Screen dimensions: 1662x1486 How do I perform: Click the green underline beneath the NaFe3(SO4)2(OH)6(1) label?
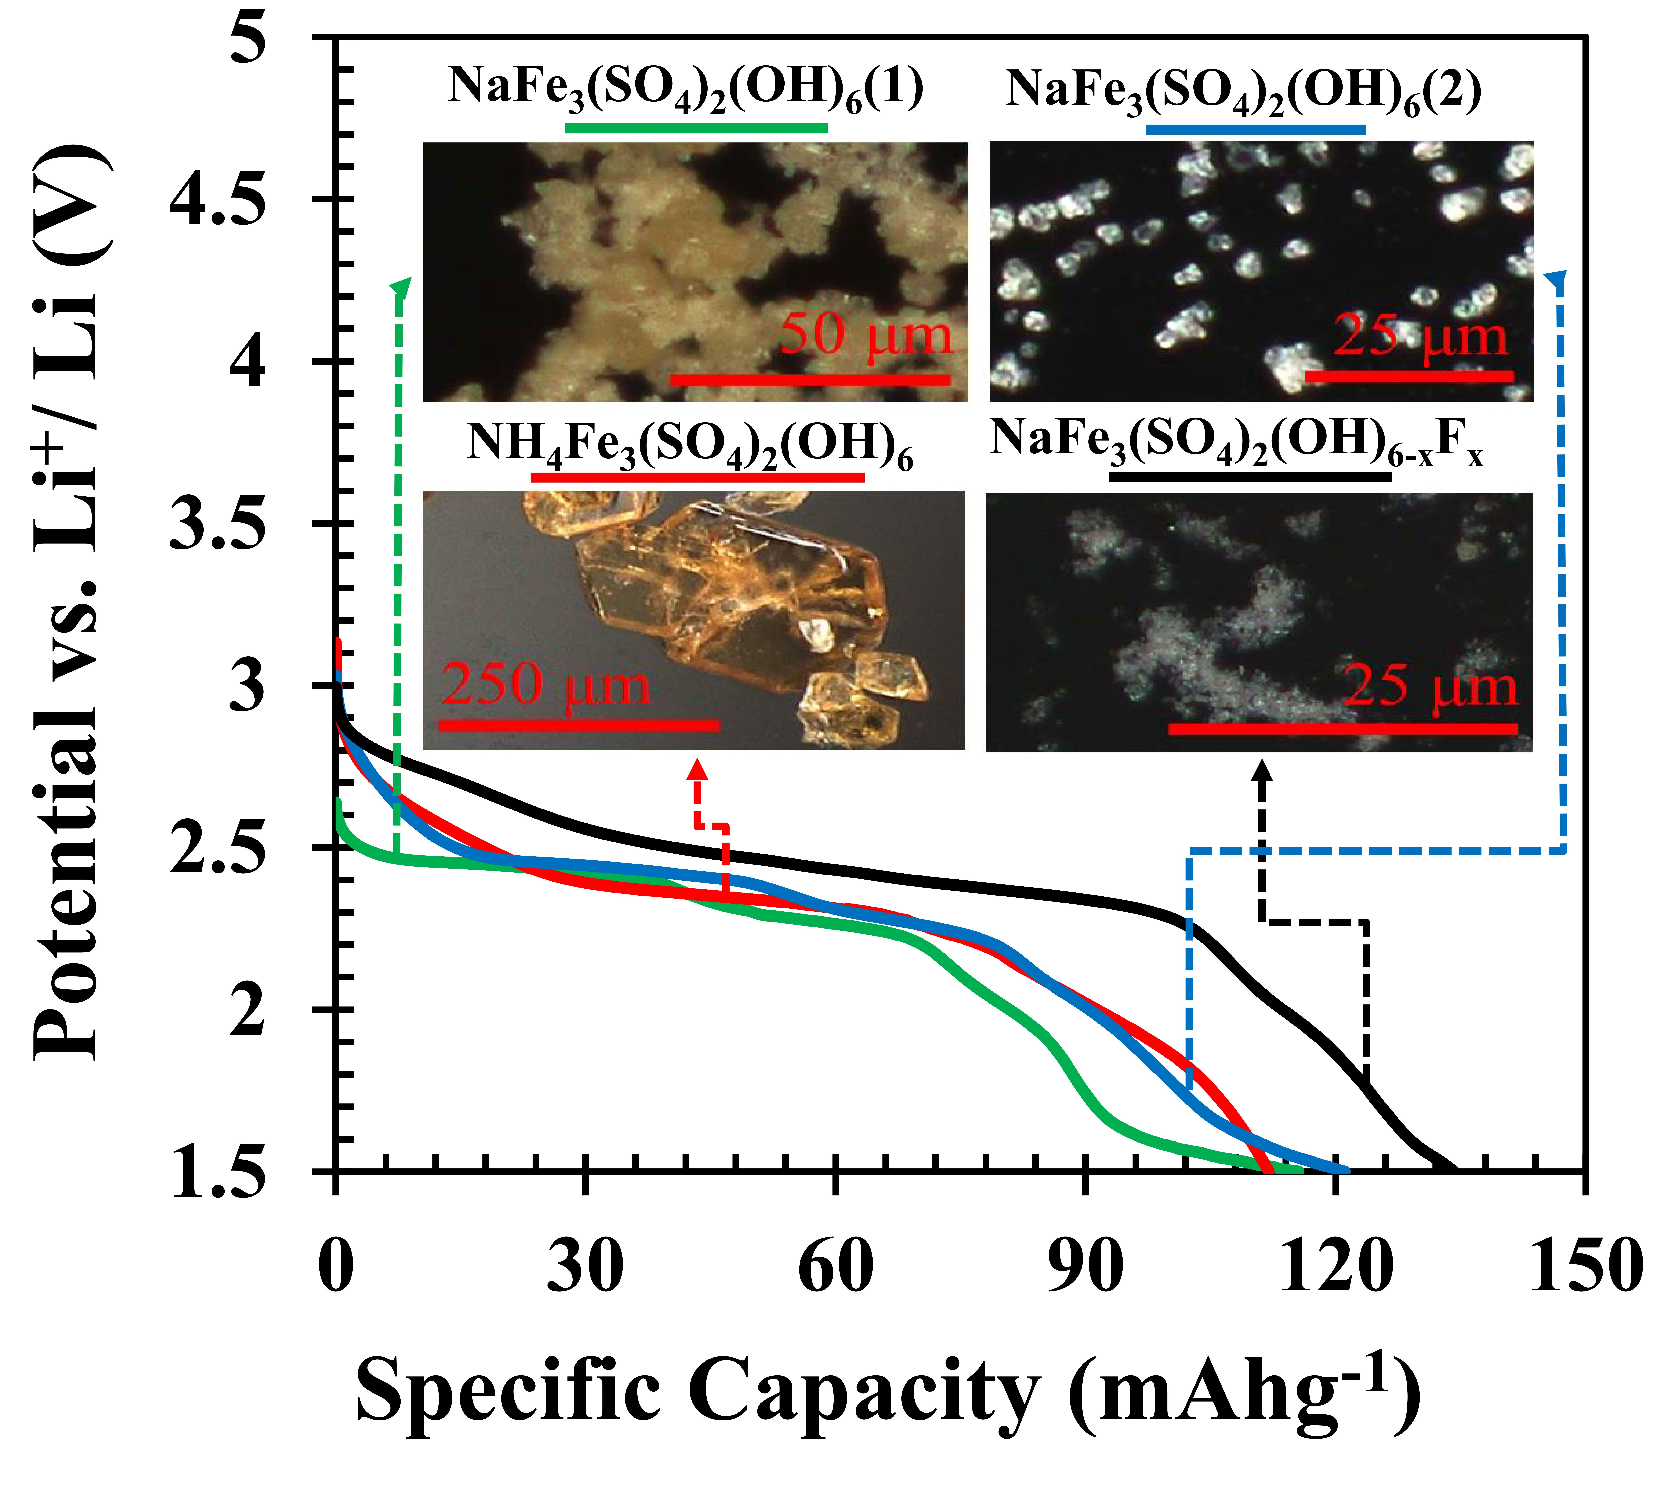[x=696, y=128]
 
